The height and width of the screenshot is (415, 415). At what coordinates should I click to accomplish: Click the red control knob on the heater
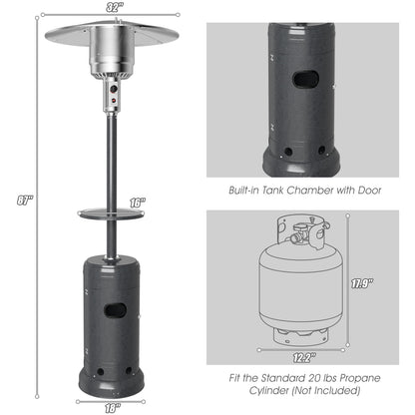tap(113, 102)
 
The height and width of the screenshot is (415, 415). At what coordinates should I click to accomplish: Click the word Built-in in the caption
tap(246, 190)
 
